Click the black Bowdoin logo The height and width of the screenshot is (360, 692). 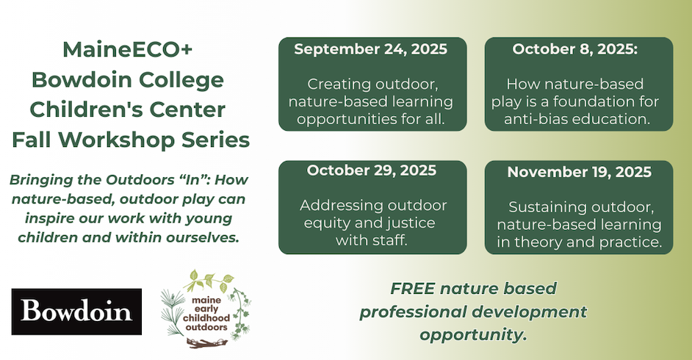click(x=76, y=312)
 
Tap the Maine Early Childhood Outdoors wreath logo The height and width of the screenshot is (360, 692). click(x=206, y=309)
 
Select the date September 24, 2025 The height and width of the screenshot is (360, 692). click(x=371, y=49)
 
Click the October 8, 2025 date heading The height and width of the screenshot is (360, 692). click(x=574, y=49)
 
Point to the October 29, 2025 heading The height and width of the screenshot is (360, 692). click(x=372, y=170)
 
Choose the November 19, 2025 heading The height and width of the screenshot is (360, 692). click(x=579, y=172)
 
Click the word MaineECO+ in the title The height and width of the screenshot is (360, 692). click(x=128, y=49)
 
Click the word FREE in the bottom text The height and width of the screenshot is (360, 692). click(x=413, y=289)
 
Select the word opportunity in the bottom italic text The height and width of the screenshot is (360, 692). click(x=473, y=335)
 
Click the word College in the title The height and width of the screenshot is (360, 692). click(x=181, y=80)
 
